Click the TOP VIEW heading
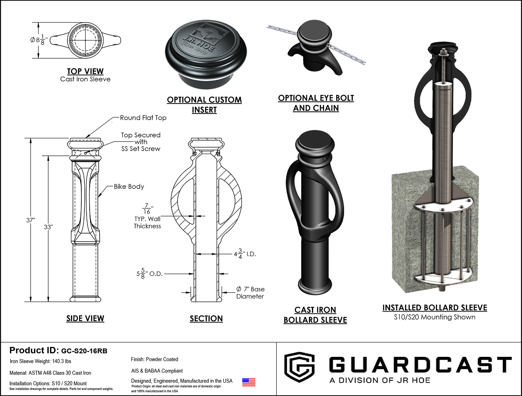point(85,71)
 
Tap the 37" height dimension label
point(30,220)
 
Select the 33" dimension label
point(48,227)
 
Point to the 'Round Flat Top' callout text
point(143,118)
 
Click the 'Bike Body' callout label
point(129,186)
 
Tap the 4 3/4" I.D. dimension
point(245,254)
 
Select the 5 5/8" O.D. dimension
point(149,274)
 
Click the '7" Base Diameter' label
point(250,292)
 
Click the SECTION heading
point(206,319)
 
